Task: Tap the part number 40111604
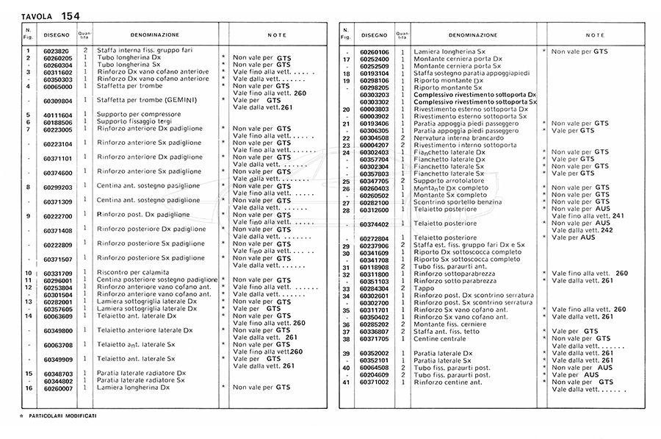(x=58, y=115)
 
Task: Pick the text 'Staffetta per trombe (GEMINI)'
(x=149, y=101)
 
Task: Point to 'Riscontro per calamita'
(x=134, y=274)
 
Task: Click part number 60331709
(x=58, y=274)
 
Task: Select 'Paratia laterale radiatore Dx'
(x=142, y=374)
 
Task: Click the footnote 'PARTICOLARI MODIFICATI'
(x=62, y=416)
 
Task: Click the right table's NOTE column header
(x=595, y=35)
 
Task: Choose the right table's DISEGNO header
(x=374, y=35)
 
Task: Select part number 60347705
(x=375, y=181)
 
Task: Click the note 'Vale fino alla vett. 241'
(x=587, y=216)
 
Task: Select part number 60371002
(x=375, y=382)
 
